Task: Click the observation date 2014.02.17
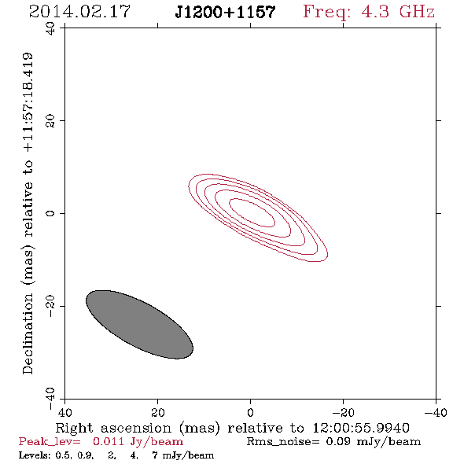[x=79, y=12]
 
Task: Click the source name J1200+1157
[x=225, y=13]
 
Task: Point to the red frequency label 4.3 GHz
[x=369, y=13]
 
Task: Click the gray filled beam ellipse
[x=140, y=325]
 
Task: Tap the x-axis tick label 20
[x=157, y=413]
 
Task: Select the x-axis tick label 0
[x=250, y=413]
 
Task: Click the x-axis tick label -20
[x=343, y=413]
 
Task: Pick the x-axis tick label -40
[x=436, y=413]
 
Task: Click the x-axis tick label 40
[x=64, y=413]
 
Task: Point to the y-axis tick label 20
[x=50, y=121]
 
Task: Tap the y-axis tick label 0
[x=50, y=213]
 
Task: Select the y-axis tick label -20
[x=50, y=306]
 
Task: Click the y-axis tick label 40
[x=50, y=28]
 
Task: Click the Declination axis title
[x=28, y=213]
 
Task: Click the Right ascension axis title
[x=232, y=428]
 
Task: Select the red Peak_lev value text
[x=101, y=442]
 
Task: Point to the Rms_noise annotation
[x=333, y=442]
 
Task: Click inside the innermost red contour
[x=252, y=212]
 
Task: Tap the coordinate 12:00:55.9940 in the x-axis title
[x=361, y=428]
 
